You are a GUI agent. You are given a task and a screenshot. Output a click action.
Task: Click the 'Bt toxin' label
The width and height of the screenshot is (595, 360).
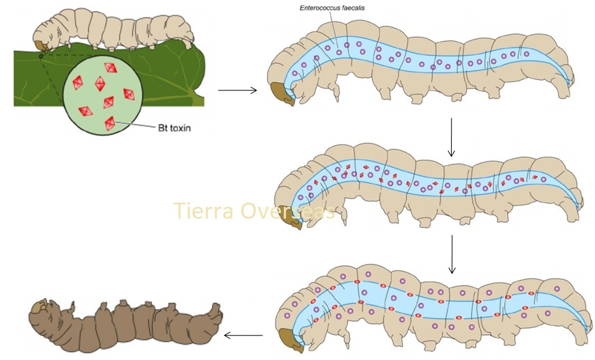coord(173,129)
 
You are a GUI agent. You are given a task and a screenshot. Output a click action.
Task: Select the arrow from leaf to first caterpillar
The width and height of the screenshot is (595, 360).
coord(237,90)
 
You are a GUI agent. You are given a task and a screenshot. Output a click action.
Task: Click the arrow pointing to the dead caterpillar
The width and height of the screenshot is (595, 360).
coord(243,336)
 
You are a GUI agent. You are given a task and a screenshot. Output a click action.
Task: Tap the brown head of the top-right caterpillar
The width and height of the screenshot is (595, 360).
coord(282,92)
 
